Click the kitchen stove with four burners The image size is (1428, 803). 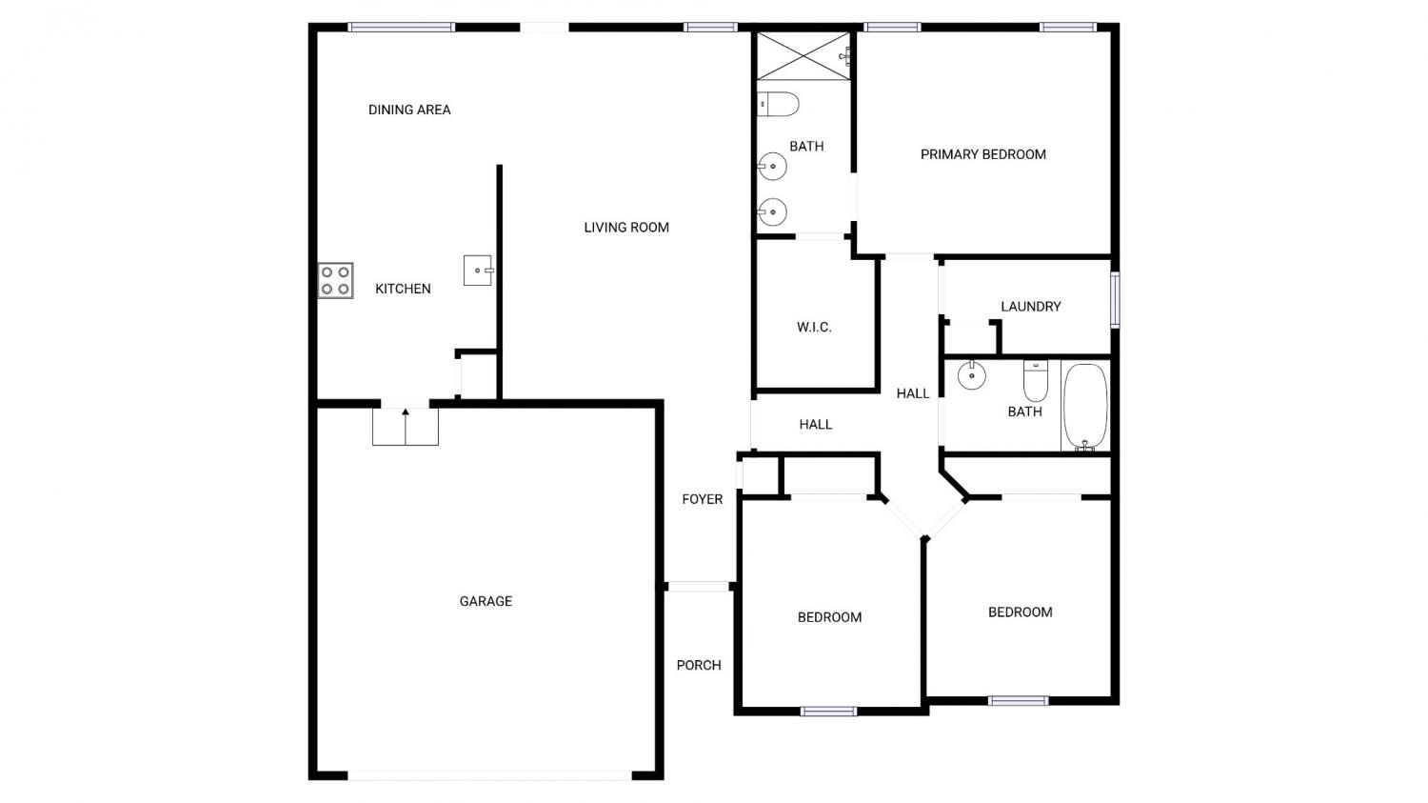point(335,281)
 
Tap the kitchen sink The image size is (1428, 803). point(478,270)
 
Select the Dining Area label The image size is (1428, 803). point(409,110)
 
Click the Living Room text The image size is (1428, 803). point(626,227)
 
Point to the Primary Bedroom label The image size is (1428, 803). point(983,154)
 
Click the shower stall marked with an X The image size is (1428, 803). point(803,56)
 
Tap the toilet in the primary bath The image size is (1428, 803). point(778,104)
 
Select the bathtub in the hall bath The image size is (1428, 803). point(1085,407)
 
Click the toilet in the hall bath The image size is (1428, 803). point(1036,381)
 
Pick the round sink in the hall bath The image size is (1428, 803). point(972,375)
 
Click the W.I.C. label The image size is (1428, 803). point(814,327)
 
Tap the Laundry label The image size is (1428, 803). point(1031,307)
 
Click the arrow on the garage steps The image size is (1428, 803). point(406,426)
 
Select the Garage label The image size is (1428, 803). point(486,601)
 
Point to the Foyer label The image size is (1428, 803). point(703,499)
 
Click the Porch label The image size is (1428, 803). point(699,665)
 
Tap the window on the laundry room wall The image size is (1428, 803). point(1115,300)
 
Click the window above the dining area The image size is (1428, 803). point(401,28)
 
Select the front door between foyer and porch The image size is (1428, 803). point(699,587)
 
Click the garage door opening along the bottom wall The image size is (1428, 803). point(489,775)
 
